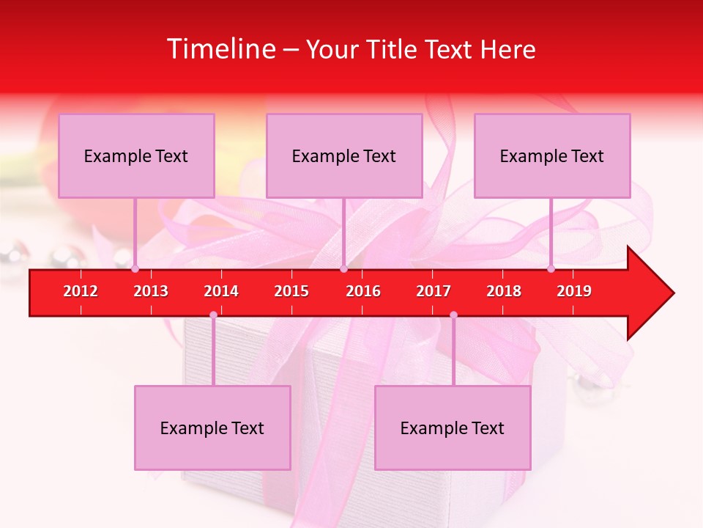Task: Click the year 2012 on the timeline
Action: [81, 291]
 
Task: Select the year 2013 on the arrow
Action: [151, 291]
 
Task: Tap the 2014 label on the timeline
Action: [221, 291]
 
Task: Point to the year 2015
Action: [291, 291]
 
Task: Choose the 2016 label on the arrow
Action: [363, 291]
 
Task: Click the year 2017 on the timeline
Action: [434, 291]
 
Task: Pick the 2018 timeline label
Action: [504, 291]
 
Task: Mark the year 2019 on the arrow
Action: [574, 291]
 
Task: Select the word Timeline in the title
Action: [222, 49]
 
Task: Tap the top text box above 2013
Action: [136, 155]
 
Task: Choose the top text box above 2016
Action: [344, 155]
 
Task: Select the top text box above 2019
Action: [552, 155]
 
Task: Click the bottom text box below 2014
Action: [212, 428]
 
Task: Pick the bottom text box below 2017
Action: [453, 428]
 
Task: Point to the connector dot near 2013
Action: [135, 268]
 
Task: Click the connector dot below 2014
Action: [213, 315]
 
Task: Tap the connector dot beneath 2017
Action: [453, 315]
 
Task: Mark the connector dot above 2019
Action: [551, 268]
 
